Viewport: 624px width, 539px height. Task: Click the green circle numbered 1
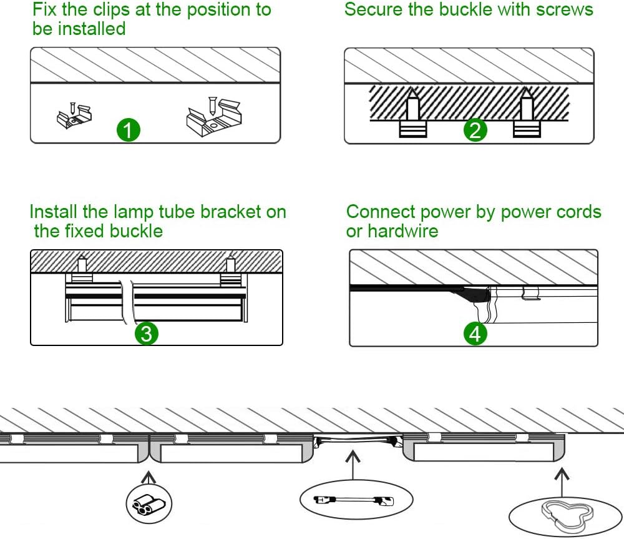click(x=128, y=130)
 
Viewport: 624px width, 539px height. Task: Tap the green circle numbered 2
click(x=475, y=130)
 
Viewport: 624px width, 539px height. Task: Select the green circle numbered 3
click(x=147, y=334)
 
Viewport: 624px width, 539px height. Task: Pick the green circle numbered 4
click(x=475, y=334)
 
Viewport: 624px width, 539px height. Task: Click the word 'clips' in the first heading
click(x=112, y=10)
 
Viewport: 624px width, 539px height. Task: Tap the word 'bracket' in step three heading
click(x=232, y=212)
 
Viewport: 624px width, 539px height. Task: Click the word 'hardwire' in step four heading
click(x=403, y=231)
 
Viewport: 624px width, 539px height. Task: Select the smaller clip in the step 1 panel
click(x=74, y=116)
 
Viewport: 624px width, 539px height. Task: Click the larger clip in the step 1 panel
click(x=213, y=117)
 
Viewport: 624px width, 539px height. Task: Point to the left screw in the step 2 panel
click(x=413, y=112)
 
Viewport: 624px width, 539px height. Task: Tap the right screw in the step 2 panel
click(x=527, y=112)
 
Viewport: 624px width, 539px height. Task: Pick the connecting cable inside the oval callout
click(x=353, y=500)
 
